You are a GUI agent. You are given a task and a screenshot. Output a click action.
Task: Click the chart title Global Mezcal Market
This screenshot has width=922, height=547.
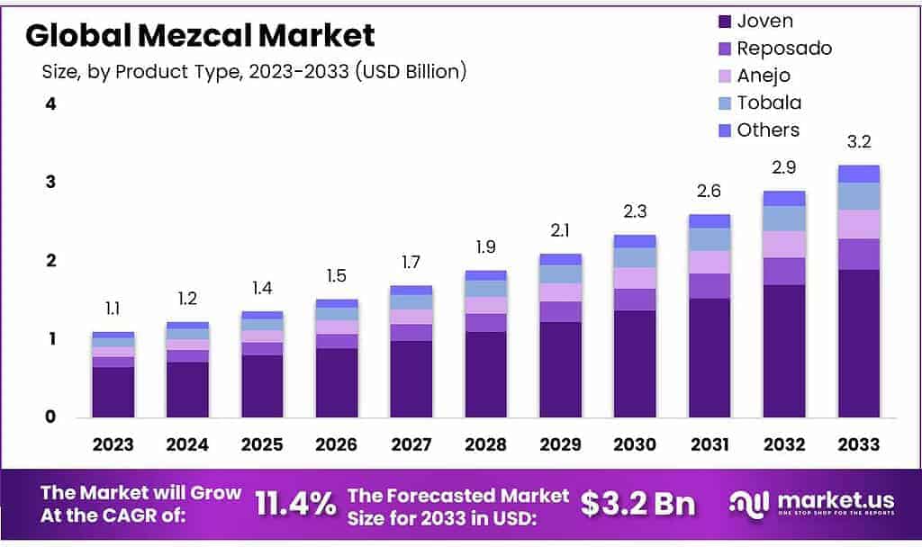point(200,35)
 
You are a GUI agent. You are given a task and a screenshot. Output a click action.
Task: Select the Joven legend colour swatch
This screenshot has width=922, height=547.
point(725,21)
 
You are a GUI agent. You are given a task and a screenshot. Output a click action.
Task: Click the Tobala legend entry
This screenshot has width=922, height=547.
point(768,103)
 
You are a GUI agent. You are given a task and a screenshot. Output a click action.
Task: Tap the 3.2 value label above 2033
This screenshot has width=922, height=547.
point(858,142)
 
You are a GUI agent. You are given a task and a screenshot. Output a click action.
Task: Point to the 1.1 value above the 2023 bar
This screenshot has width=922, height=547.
point(113,309)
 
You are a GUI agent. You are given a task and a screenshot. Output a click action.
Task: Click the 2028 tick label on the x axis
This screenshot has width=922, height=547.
point(486,444)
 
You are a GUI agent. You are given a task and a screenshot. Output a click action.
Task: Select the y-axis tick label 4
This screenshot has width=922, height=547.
point(51,103)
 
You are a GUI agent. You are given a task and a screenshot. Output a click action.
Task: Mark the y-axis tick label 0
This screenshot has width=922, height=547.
point(51,417)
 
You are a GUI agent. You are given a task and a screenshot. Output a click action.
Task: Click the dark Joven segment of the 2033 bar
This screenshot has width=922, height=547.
point(858,343)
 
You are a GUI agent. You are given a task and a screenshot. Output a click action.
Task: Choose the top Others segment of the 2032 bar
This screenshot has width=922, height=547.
point(783,198)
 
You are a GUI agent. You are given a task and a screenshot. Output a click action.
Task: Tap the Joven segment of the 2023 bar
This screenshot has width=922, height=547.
point(113,391)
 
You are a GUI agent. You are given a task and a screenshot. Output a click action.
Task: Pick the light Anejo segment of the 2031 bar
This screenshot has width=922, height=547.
point(710,262)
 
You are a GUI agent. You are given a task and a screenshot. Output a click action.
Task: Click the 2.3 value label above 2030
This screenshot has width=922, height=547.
point(635,211)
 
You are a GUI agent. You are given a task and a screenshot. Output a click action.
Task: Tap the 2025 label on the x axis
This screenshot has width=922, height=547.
point(262,444)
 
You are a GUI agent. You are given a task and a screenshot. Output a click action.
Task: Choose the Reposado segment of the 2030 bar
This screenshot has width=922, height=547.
point(635,300)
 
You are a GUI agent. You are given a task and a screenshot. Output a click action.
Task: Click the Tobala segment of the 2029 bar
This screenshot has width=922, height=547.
point(560,273)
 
